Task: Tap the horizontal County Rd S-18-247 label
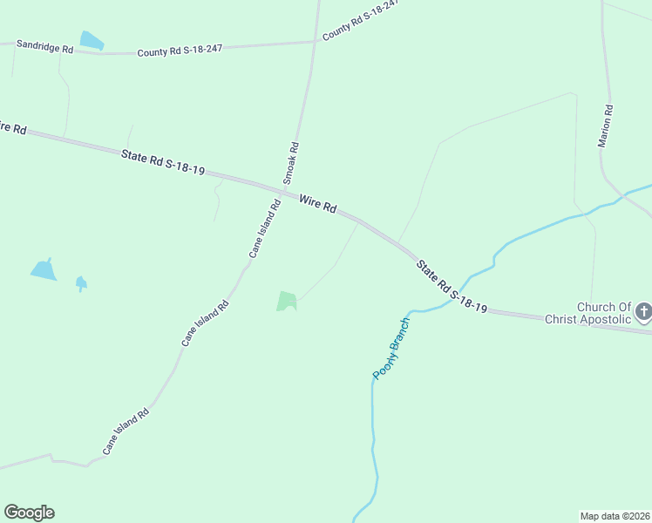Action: (180, 51)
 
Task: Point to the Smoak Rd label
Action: (294, 162)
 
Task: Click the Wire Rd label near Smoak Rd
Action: (317, 204)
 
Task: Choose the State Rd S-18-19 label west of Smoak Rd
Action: (163, 162)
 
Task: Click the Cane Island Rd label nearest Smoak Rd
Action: (264, 229)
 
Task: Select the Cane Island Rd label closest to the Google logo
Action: (126, 431)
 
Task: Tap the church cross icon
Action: (643, 311)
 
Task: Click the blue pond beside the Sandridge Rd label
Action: (91, 40)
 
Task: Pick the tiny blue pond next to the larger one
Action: (81, 282)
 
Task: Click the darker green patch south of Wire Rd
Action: (287, 301)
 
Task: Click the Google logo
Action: (29, 513)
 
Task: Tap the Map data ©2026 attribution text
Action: (615, 515)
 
